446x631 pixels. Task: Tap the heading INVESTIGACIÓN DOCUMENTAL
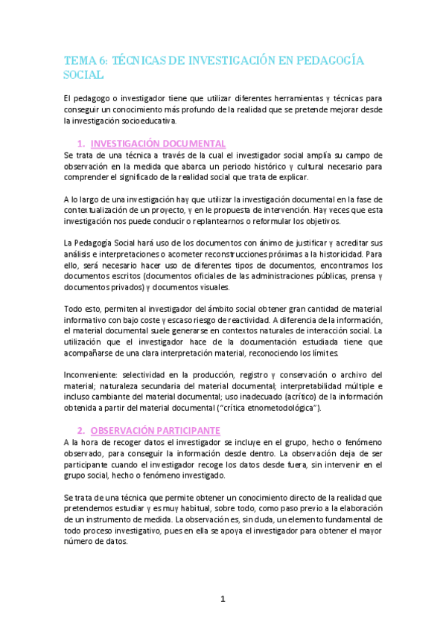pyautogui.click(x=158, y=143)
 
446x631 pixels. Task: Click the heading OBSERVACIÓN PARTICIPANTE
pyautogui.click(x=155, y=430)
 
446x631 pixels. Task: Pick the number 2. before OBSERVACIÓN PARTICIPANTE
pyautogui.click(x=81, y=430)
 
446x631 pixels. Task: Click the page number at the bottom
pyautogui.click(x=223, y=598)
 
